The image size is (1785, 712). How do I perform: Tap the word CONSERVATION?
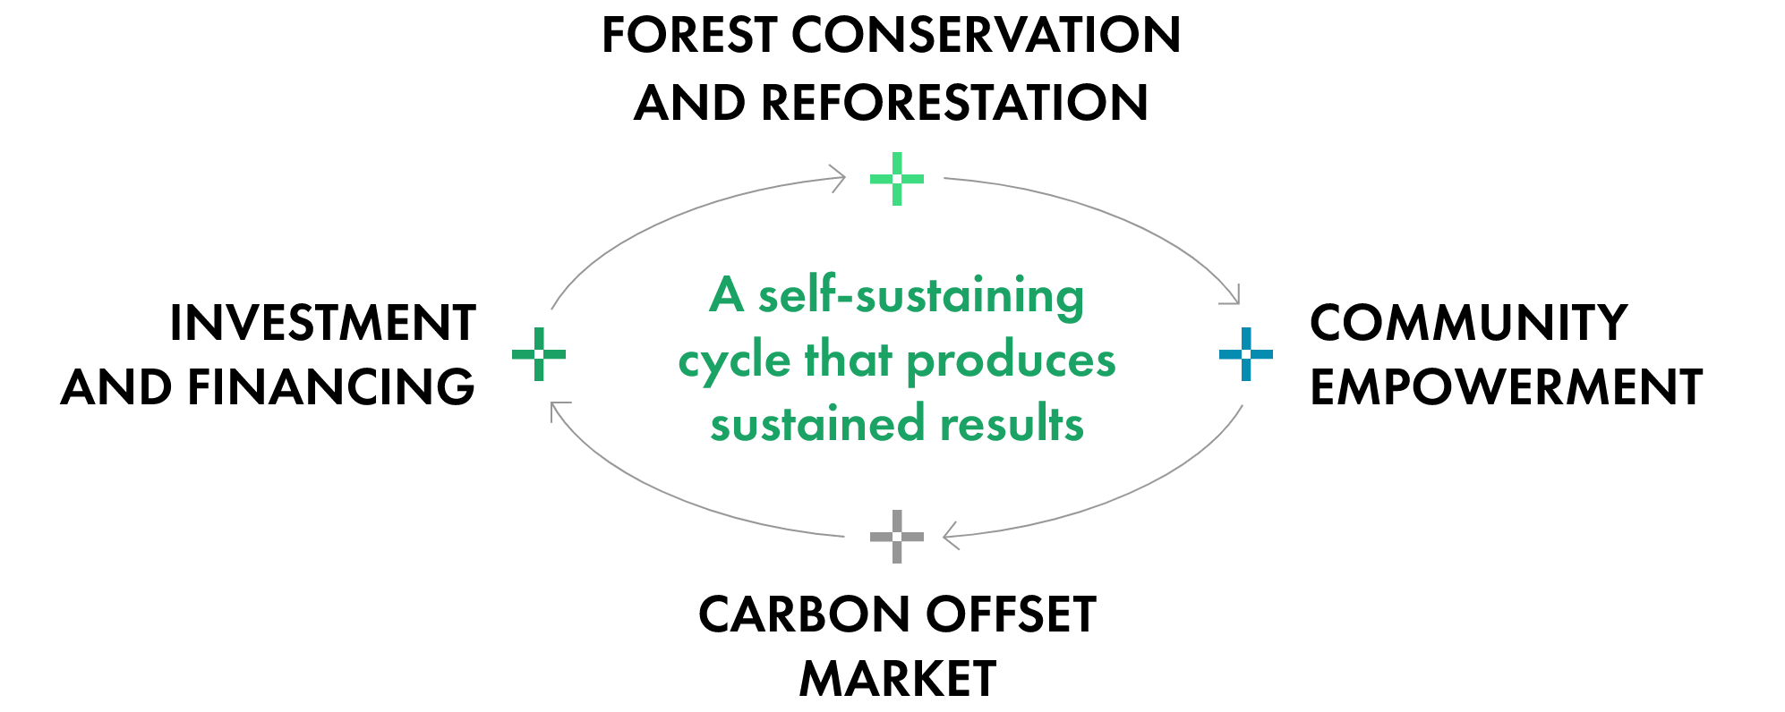point(986,35)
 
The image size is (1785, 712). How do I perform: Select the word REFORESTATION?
point(954,102)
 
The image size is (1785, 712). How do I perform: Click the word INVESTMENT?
point(322,323)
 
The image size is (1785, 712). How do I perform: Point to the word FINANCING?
point(330,387)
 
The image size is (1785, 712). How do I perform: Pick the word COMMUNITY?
point(1468,323)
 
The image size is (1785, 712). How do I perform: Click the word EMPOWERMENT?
point(1506,387)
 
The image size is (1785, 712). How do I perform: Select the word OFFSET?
point(1011,615)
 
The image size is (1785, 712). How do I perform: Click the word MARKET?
point(898,679)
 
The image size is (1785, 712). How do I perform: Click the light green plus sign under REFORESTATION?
point(897,179)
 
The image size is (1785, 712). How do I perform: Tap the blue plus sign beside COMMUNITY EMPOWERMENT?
point(1246,354)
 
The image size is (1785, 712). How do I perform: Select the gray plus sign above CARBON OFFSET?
point(897,537)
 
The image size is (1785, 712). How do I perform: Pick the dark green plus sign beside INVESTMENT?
point(539,354)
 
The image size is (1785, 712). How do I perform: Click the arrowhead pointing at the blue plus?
point(1233,295)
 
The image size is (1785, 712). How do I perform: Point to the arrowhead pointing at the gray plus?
point(951,536)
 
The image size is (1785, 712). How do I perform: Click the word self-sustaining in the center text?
point(921,296)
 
